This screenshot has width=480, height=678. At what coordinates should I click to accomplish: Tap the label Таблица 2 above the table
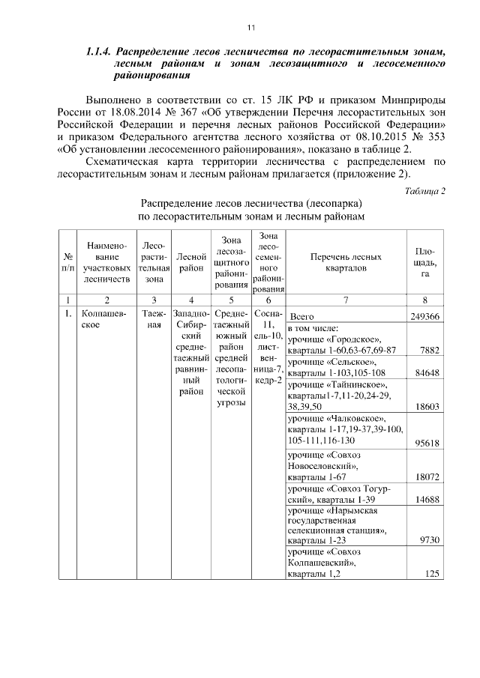pyautogui.click(x=424, y=190)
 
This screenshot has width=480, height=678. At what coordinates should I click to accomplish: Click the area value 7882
pyautogui.click(x=429, y=350)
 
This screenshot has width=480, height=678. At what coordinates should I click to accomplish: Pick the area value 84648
pyautogui.click(x=426, y=372)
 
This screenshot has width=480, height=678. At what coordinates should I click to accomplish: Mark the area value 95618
pyautogui.click(x=426, y=444)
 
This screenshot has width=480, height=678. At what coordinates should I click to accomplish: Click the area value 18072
pyautogui.click(x=426, y=476)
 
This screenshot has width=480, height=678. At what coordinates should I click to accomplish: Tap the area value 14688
pyautogui.click(x=426, y=498)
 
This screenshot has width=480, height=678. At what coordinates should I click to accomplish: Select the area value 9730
pyautogui.click(x=429, y=539)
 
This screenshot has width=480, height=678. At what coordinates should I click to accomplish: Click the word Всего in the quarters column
pyautogui.click(x=301, y=317)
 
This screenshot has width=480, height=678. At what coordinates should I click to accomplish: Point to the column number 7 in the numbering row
pyautogui.click(x=346, y=300)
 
